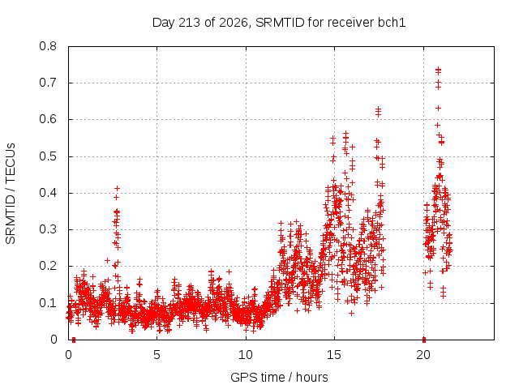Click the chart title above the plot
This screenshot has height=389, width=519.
[x=279, y=23]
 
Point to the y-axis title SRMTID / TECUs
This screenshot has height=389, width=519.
[x=11, y=194]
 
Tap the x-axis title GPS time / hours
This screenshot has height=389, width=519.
[x=279, y=377]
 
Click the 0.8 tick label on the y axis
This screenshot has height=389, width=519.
[x=48, y=46]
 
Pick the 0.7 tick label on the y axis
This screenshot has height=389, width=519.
[x=48, y=83]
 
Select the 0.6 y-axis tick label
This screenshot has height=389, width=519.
[x=48, y=119]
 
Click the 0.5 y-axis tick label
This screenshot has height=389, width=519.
[x=48, y=156]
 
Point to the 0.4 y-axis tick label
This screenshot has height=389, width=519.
[x=48, y=193]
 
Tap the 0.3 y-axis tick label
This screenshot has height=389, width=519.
[x=48, y=229]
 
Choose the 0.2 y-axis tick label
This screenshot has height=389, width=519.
[x=48, y=266]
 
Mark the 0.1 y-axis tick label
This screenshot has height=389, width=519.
[x=48, y=302]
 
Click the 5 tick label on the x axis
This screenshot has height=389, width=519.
[x=157, y=355]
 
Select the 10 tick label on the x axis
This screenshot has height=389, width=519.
[x=246, y=355]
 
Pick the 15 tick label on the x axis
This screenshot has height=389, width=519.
[x=334, y=355]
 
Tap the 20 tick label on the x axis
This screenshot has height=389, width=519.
[x=423, y=355]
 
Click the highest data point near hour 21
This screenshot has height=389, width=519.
[x=438, y=69]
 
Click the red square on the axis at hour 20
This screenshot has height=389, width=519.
[x=423, y=340]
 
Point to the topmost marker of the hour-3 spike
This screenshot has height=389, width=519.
[x=117, y=189]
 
